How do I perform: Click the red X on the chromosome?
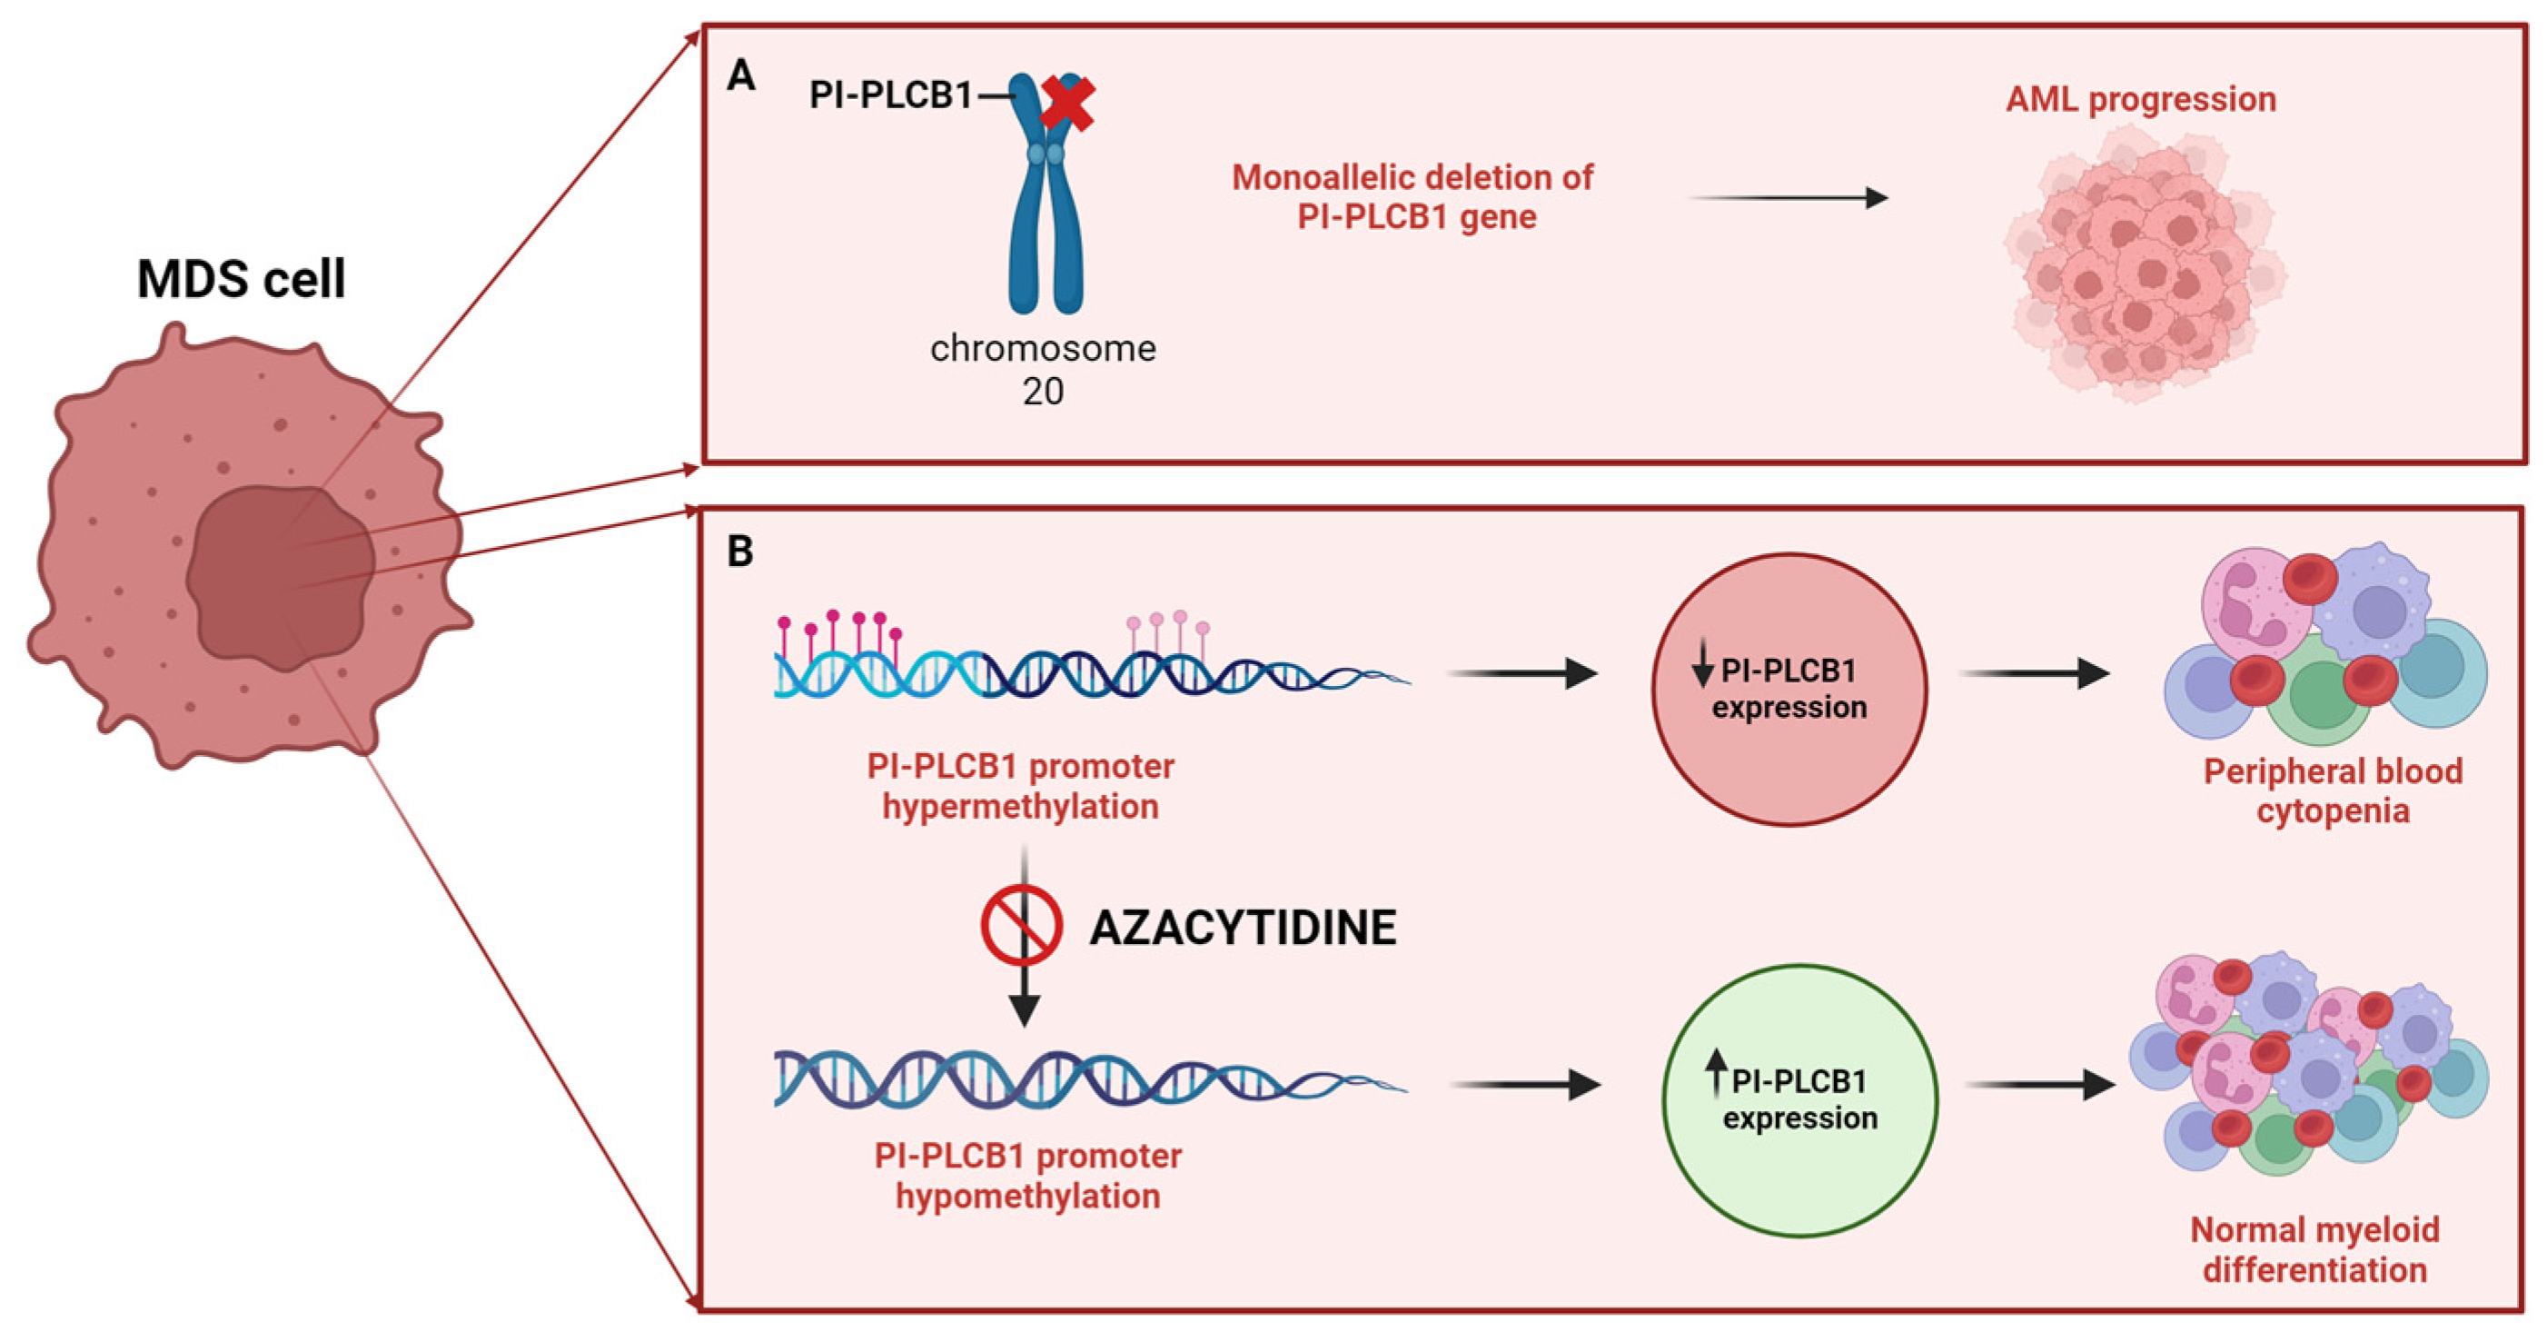coord(1067,103)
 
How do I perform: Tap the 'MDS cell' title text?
coord(242,279)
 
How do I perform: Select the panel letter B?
coord(739,551)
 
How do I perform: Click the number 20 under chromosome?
coord(1042,392)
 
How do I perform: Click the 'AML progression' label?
coord(2141,99)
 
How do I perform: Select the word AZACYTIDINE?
coord(1243,928)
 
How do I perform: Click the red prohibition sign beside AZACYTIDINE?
coord(1021,926)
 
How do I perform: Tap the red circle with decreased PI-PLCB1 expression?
coord(1789,690)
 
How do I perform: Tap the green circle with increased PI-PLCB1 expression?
coord(1799,1099)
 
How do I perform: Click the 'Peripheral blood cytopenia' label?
coord(2333,790)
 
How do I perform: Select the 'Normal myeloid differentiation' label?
coord(2314,1249)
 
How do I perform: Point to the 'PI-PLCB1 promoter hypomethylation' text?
coord(1027,1176)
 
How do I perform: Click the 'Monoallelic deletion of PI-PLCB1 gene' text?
coord(1414,197)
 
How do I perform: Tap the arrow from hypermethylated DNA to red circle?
coord(1522,673)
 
